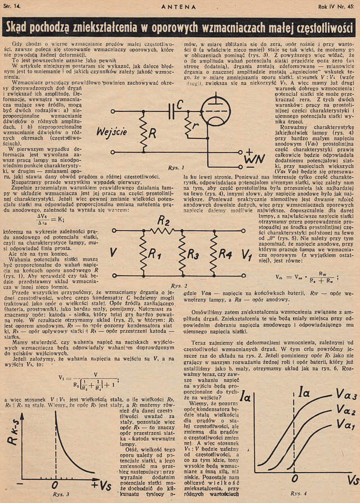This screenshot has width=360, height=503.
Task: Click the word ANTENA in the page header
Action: [179, 6]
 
